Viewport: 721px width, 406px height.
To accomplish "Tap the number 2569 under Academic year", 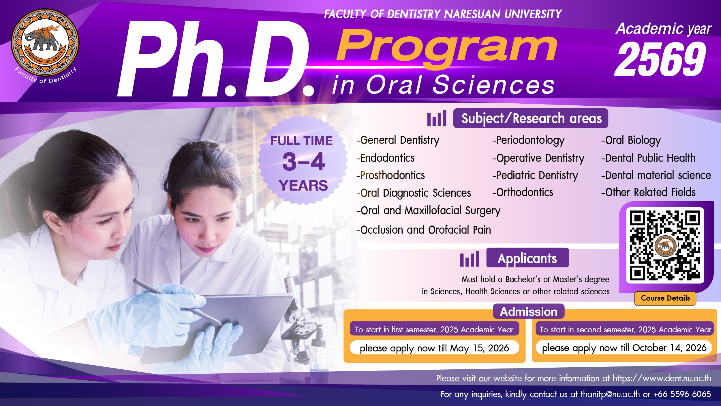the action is (x=661, y=59).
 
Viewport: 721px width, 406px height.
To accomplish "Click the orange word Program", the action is (x=447, y=48).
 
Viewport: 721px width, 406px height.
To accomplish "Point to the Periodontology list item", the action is (x=528, y=140).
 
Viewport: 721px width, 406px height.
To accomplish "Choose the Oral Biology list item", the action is (x=631, y=140).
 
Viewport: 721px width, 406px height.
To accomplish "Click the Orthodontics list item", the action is (x=523, y=192).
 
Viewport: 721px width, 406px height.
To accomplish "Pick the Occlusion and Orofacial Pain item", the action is (x=424, y=230).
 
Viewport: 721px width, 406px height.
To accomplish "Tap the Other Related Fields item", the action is (x=648, y=192).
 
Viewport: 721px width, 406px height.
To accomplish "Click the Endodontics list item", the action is (x=385, y=158).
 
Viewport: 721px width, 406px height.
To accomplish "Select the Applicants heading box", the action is (x=527, y=258).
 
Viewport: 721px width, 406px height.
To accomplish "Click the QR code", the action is (x=665, y=245).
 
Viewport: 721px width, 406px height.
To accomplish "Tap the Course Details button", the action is (x=665, y=298).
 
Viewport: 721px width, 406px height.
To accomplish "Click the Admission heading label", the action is (x=529, y=312).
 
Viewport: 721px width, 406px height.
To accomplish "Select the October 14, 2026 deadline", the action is (x=669, y=348).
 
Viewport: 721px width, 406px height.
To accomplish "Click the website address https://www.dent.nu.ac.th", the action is (x=662, y=378).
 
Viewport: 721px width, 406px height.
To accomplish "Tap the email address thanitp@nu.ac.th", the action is (x=610, y=394).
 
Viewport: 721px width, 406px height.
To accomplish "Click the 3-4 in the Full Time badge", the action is (x=303, y=162).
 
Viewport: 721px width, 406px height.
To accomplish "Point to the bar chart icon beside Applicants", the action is (x=470, y=259).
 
